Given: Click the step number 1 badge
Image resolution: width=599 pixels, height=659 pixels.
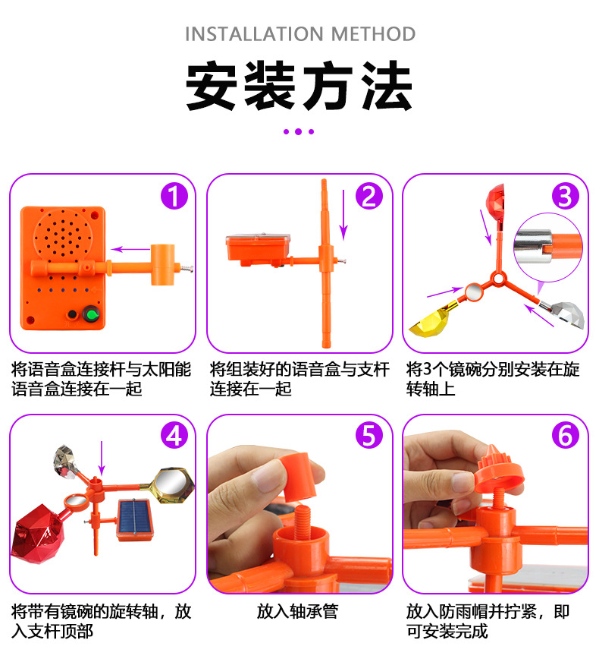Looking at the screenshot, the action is [x=174, y=197].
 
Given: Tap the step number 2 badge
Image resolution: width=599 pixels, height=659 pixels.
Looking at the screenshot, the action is [x=369, y=197].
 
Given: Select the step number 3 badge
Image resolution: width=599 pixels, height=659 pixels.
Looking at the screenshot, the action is [x=566, y=197].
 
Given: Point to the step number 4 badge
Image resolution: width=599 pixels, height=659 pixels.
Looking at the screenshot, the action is [x=174, y=436].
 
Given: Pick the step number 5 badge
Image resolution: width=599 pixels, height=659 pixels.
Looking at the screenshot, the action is [x=369, y=436].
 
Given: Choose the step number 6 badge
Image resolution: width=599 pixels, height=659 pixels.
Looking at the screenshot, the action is [x=566, y=436].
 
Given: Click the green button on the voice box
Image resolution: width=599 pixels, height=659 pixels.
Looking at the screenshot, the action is [x=92, y=314].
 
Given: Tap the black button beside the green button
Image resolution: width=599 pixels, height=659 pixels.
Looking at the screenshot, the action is [x=73, y=315].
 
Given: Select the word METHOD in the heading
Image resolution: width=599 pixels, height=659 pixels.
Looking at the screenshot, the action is [x=373, y=34].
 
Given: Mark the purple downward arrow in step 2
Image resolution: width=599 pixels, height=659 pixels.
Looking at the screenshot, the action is [x=343, y=215].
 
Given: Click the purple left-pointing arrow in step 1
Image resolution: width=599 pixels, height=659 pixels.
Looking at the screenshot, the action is [x=130, y=249].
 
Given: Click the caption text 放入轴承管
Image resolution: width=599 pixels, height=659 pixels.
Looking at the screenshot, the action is [x=298, y=611].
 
